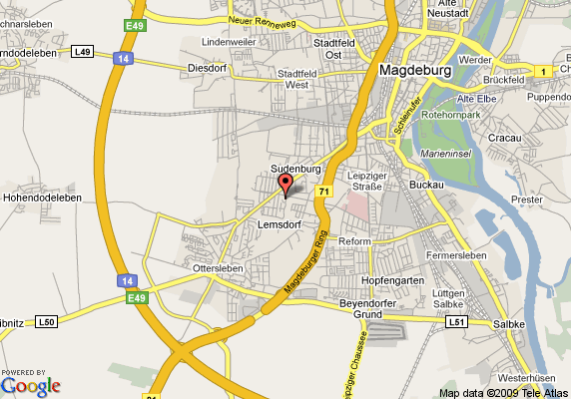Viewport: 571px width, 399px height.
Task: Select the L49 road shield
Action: click(83, 51)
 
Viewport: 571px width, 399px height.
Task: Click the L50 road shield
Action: click(47, 321)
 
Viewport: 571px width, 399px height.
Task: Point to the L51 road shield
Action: click(456, 322)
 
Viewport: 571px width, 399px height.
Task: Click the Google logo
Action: click(31, 386)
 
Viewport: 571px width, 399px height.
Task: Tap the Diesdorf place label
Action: click(208, 68)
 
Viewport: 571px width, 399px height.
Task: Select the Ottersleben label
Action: click(218, 269)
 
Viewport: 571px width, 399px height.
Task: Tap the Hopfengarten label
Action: click(392, 281)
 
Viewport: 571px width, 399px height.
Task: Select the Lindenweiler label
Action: click(229, 43)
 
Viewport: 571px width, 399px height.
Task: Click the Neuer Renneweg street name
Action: click(263, 20)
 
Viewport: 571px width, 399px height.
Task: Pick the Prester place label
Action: click(526, 199)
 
